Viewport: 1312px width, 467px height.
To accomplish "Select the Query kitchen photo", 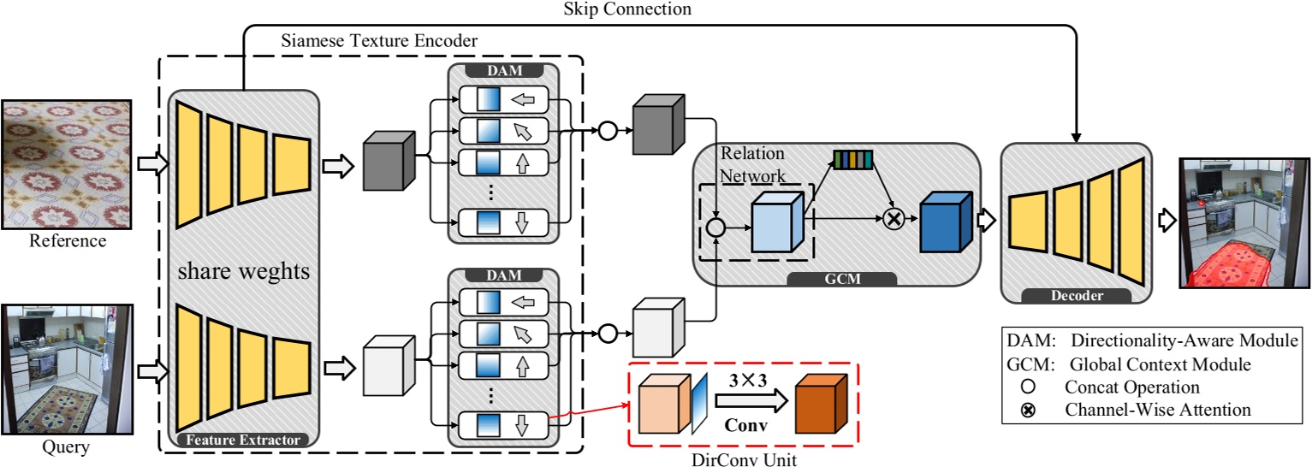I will tap(64, 369).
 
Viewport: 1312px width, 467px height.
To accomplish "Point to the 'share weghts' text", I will tap(244, 275).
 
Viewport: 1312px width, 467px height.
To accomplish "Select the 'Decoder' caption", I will tap(1074, 296).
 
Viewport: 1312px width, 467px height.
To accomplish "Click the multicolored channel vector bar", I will tap(852, 159).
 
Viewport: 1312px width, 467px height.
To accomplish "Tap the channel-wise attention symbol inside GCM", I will tap(893, 220).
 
